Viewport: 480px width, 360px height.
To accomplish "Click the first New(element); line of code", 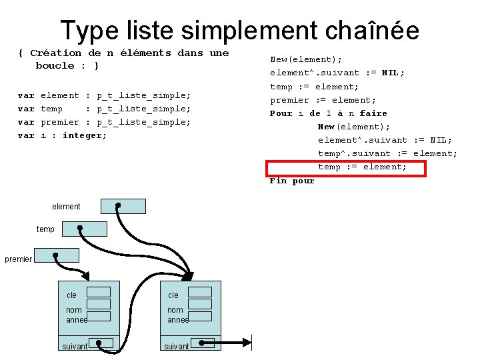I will point(306,59).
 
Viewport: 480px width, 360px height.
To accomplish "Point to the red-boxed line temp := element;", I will point(362,167).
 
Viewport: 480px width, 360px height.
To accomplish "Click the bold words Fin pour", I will point(292,181).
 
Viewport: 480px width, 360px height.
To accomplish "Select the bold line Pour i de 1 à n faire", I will point(328,113).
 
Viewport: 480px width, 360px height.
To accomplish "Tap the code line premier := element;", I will point(323,100).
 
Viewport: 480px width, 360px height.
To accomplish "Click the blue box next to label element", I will point(123,206).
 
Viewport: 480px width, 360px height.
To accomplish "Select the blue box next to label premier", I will point(57,255).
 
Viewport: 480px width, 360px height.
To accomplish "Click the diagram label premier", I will point(18,259).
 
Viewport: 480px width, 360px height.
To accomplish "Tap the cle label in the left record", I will point(71,295).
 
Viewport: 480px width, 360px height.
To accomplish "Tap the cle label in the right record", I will point(173,295).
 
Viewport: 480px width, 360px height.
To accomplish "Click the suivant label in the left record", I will point(75,347).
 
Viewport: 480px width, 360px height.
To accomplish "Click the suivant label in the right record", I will point(177,347).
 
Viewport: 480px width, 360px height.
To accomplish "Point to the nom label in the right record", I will point(175,310).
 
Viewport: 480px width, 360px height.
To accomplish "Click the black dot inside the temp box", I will point(80,227).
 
